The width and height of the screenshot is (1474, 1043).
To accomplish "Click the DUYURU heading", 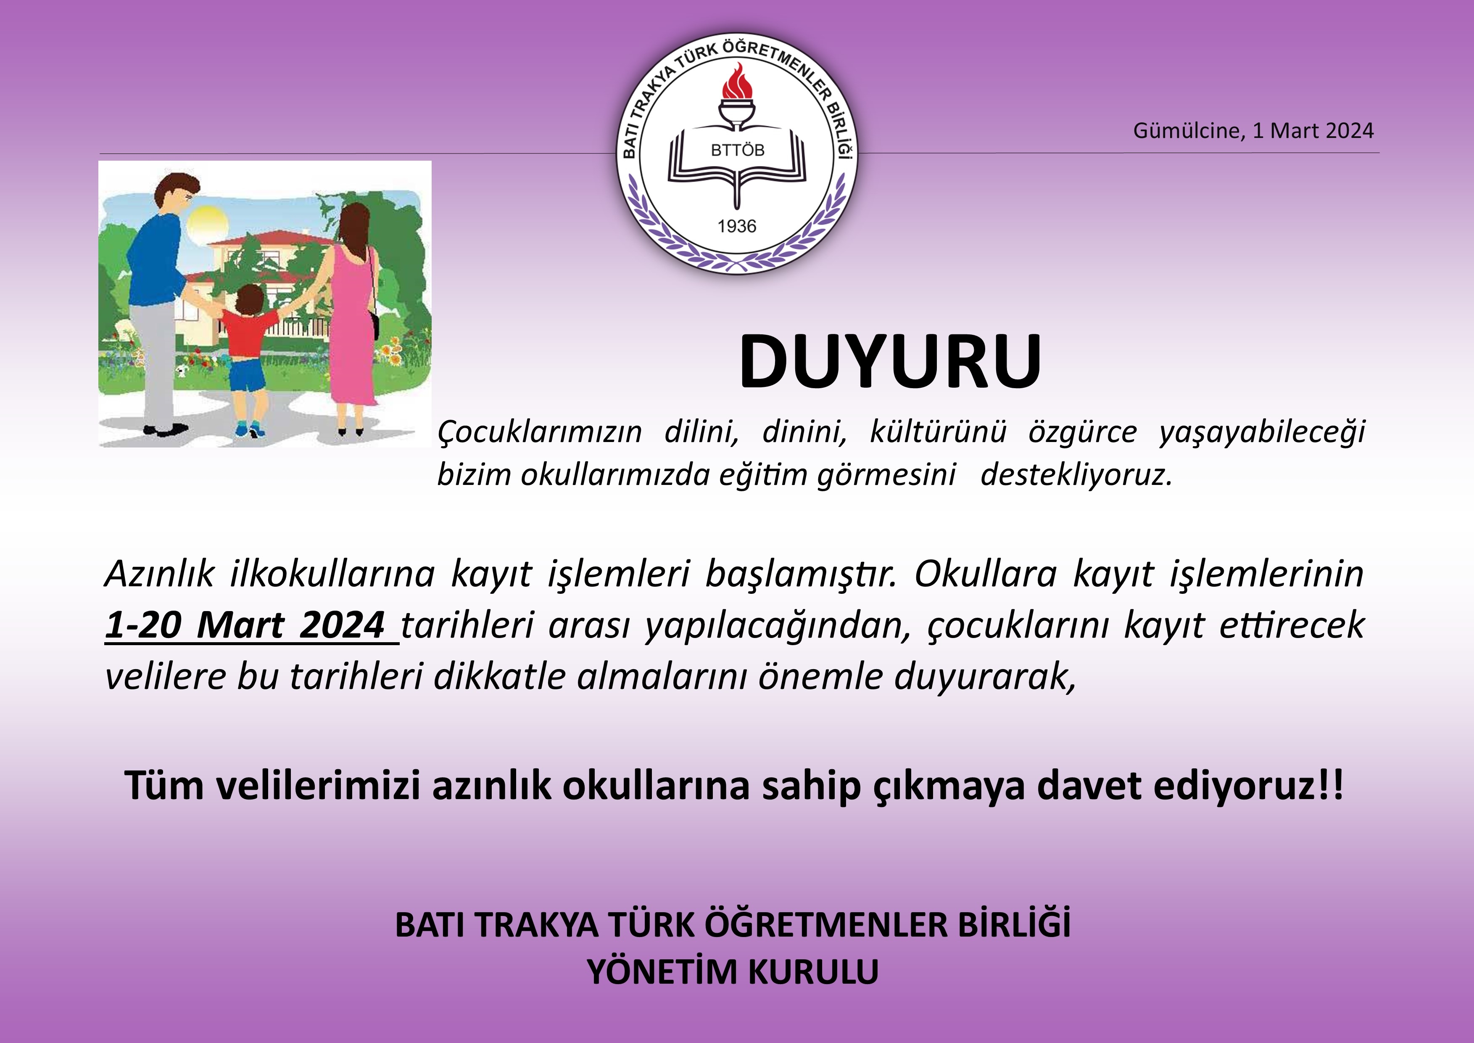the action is pyautogui.click(x=890, y=362).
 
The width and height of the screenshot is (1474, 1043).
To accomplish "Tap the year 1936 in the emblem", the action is pyautogui.click(x=737, y=226).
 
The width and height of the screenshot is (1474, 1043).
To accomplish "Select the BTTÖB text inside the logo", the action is pyautogui.click(x=738, y=150).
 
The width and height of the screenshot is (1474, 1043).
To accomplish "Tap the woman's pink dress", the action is pyautogui.click(x=352, y=328).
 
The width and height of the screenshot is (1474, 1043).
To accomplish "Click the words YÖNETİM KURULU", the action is pyautogui.click(x=733, y=972).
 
